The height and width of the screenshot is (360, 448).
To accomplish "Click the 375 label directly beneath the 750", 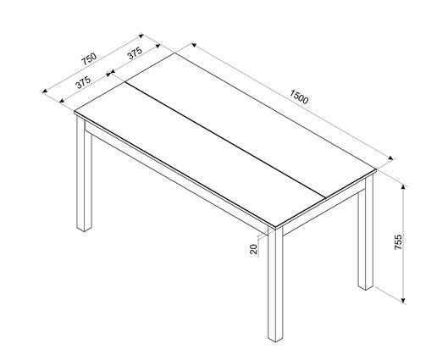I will [83, 84].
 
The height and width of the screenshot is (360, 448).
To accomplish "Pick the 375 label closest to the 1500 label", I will [134, 53].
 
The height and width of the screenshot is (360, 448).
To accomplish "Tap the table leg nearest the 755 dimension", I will [365, 237].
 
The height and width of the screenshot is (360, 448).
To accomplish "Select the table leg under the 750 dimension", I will [84, 178].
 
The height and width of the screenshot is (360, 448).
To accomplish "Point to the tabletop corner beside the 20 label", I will [272, 226].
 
